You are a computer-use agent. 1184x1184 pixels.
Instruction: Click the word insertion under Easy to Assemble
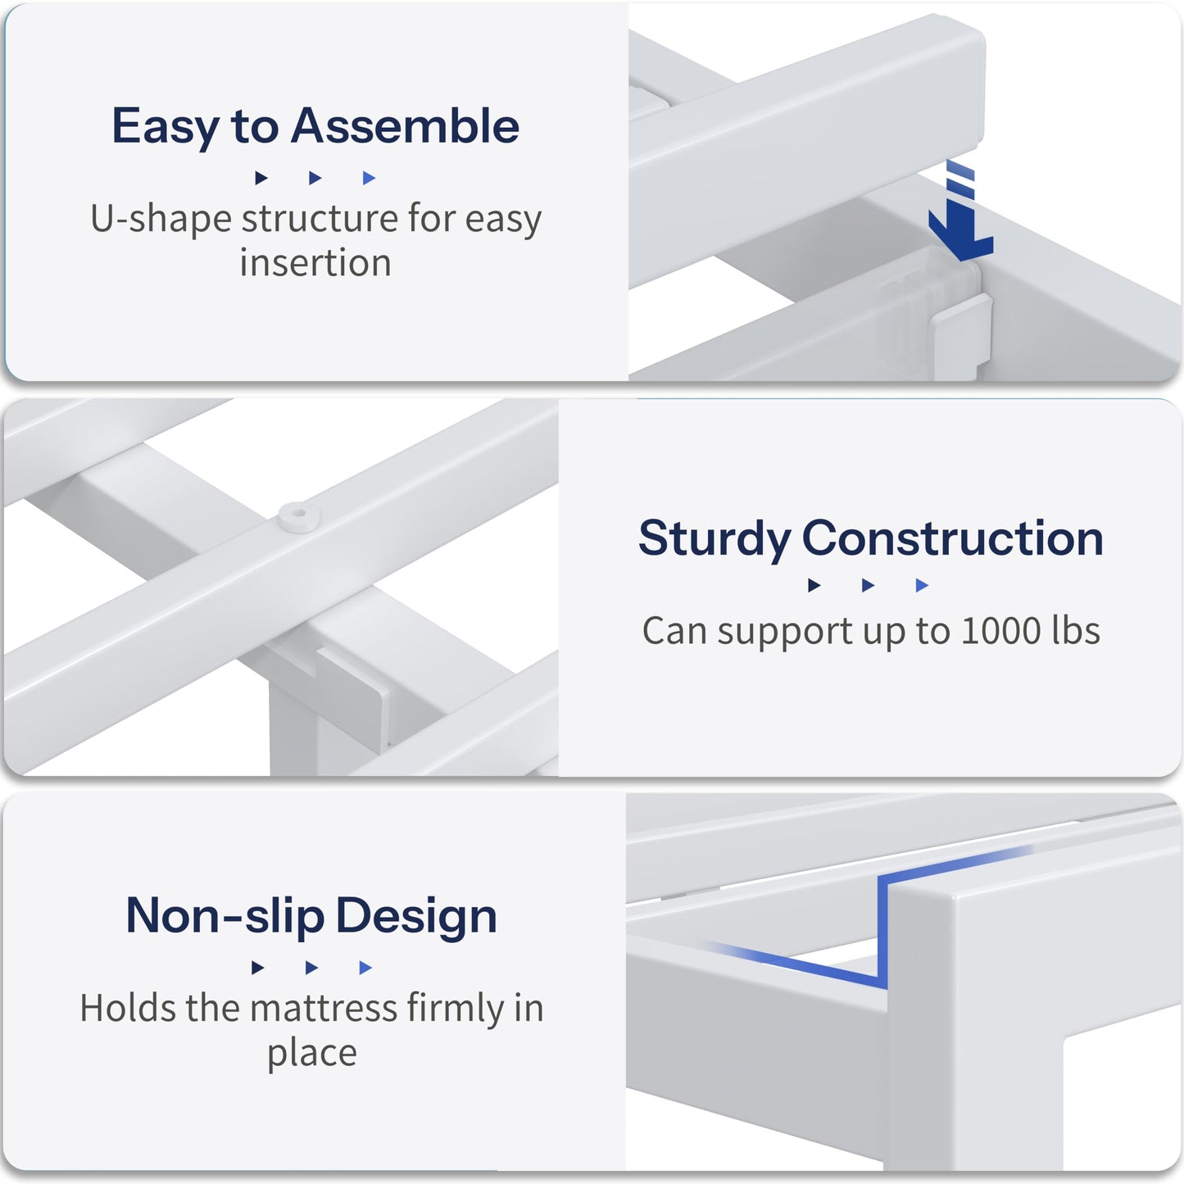click(x=315, y=263)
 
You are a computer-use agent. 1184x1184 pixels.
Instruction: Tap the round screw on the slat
click(x=298, y=515)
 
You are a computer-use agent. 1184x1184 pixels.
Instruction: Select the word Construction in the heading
click(x=952, y=538)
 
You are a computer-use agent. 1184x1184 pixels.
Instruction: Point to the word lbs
click(x=1075, y=630)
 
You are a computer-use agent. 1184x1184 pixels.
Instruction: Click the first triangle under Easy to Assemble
click(x=261, y=178)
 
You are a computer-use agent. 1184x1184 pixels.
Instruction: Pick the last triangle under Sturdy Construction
click(x=922, y=586)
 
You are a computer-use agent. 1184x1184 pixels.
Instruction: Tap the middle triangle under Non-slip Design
click(x=311, y=969)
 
